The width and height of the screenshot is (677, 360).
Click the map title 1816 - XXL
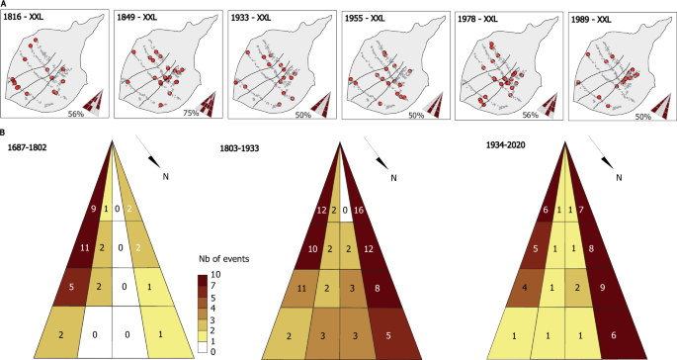point(33,17)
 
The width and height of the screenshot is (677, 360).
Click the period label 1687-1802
point(27,147)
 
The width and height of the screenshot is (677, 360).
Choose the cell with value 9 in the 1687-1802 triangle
point(91,209)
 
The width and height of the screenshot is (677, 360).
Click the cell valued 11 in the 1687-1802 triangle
point(83,246)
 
